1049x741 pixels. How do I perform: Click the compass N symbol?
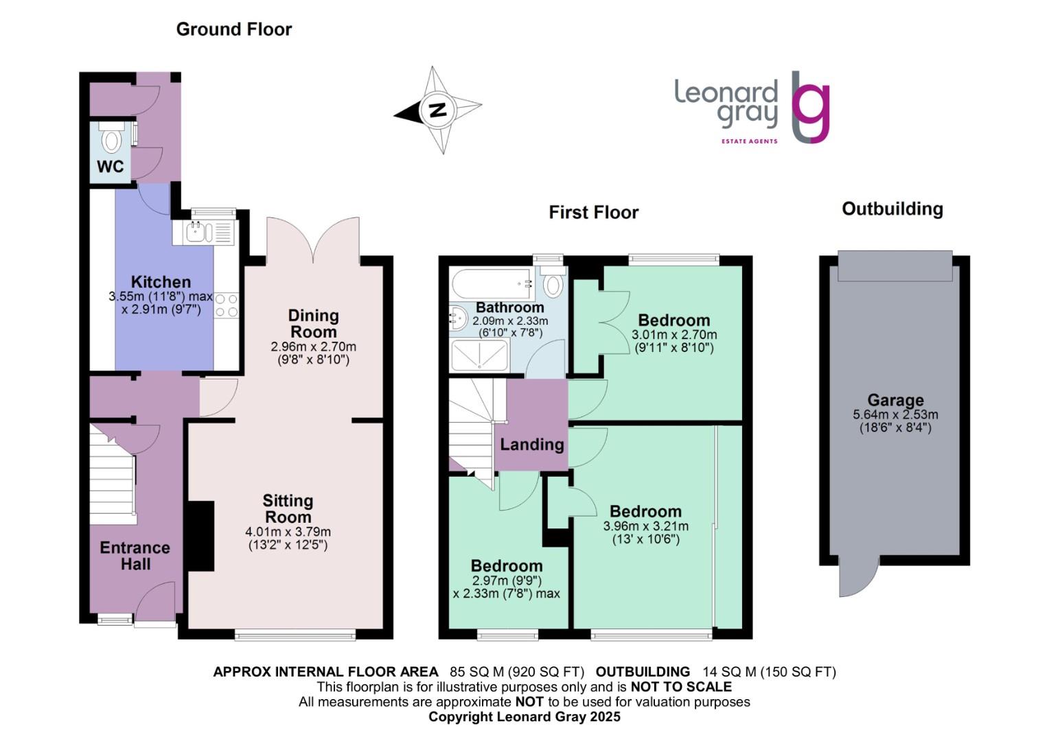tap(437, 110)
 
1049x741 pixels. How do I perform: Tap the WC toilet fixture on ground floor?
tap(111, 140)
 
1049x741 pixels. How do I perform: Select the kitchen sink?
tap(197, 233)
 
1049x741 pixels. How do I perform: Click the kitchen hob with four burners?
tap(226, 305)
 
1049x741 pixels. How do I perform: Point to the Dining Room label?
tap(313, 324)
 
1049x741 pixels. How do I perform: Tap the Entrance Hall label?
tap(135, 556)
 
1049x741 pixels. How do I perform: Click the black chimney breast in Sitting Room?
tap(200, 536)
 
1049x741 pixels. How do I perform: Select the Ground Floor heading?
tap(234, 30)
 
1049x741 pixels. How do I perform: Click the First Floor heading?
tap(593, 213)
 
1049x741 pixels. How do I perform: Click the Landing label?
tap(531, 445)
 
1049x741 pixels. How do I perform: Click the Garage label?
tap(895, 400)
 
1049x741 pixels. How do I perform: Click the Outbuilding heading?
tap(892, 209)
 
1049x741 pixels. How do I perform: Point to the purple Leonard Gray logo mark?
tap(810, 107)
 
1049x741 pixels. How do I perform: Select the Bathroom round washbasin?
tap(457, 317)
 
